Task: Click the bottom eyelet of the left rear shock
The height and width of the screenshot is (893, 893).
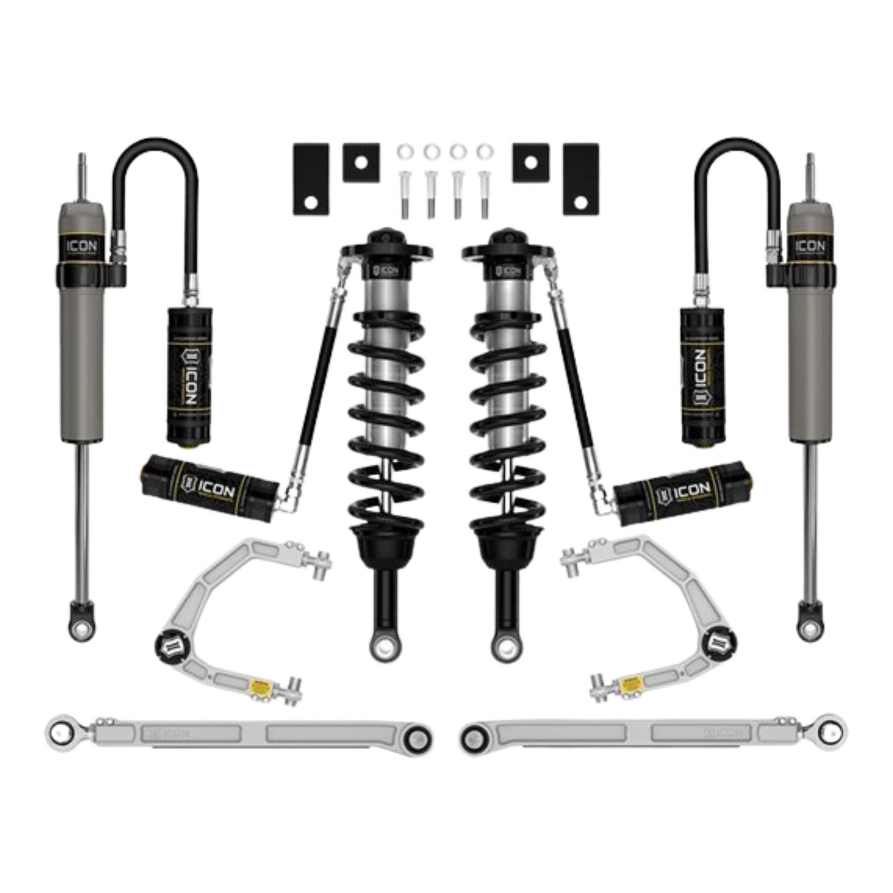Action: tap(82, 626)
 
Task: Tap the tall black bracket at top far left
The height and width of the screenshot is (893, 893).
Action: tap(308, 176)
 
